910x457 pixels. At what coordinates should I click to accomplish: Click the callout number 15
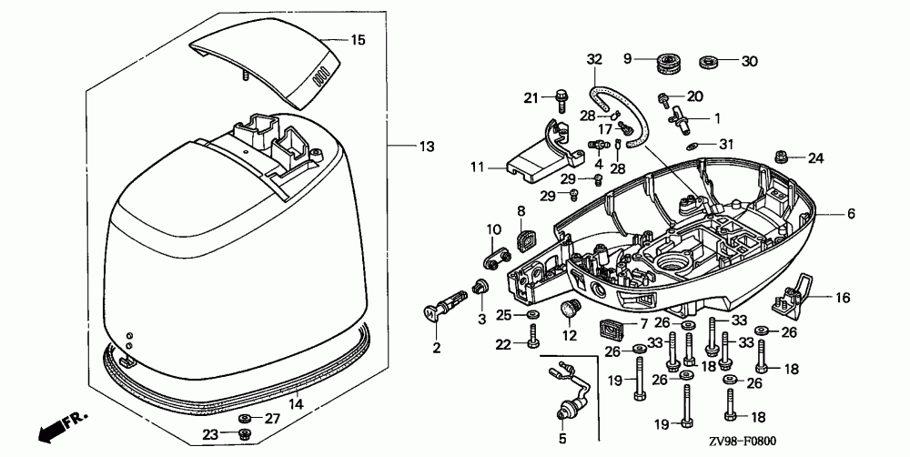coord(358,40)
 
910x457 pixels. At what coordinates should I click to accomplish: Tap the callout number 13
coord(427,147)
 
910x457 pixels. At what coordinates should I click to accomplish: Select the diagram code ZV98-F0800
coord(742,442)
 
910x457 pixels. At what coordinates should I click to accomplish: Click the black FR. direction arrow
coord(60,427)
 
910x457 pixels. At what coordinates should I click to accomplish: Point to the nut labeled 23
coord(245,432)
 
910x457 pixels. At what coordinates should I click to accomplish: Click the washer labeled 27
coord(245,418)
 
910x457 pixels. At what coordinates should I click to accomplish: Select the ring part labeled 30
coord(708,61)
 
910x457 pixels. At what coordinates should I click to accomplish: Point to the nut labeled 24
coord(782,157)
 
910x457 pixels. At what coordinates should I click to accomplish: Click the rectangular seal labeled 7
coord(612,329)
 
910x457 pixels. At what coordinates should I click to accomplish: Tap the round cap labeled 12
coord(570,308)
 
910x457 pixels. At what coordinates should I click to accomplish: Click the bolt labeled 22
coord(533,336)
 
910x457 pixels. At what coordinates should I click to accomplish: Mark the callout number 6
coord(851,214)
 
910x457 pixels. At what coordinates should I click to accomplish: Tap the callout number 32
coord(594,58)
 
